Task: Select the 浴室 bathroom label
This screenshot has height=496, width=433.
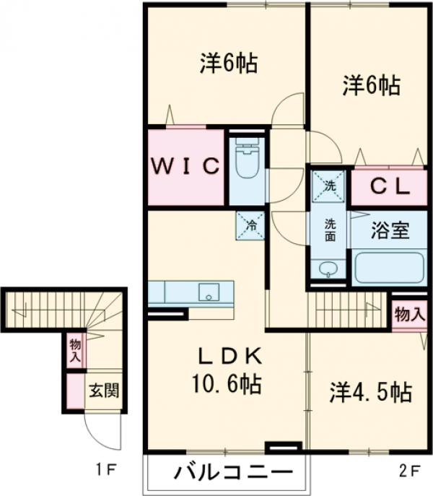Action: [390, 231]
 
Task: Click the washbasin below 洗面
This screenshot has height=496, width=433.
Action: [329, 269]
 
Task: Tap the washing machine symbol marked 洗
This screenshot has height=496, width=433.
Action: [329, 186]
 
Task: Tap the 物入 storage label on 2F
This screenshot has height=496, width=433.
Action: [409, 315]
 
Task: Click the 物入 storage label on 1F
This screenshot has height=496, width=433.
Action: [74, 349]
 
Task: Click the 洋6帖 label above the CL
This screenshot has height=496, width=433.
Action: [371, 86]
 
